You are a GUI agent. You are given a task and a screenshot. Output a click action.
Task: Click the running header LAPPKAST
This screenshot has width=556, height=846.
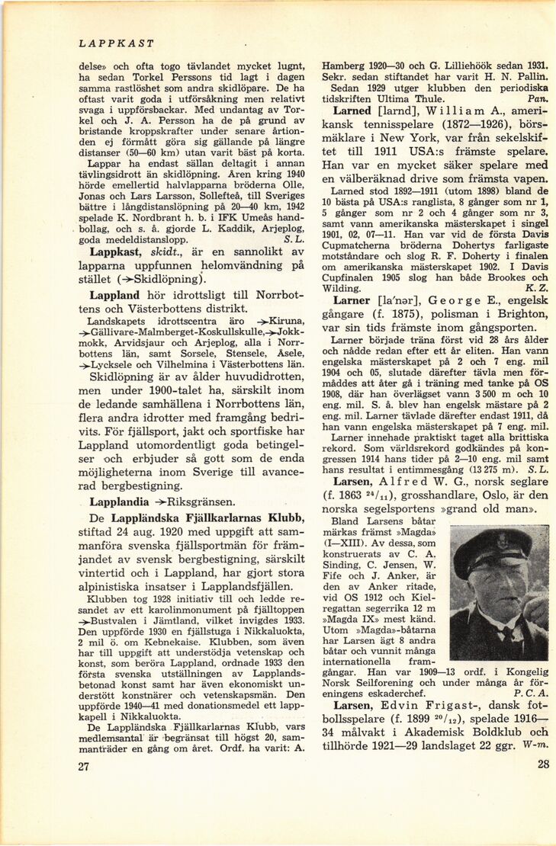[x=116, y=44]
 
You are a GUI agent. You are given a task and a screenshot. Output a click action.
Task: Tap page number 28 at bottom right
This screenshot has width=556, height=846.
[x=542, y=765]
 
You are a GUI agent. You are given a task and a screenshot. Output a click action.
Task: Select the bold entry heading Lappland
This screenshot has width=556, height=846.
[x=114, y=294]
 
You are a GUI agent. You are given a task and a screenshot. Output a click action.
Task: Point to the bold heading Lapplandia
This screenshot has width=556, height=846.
[x=121, y=502]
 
